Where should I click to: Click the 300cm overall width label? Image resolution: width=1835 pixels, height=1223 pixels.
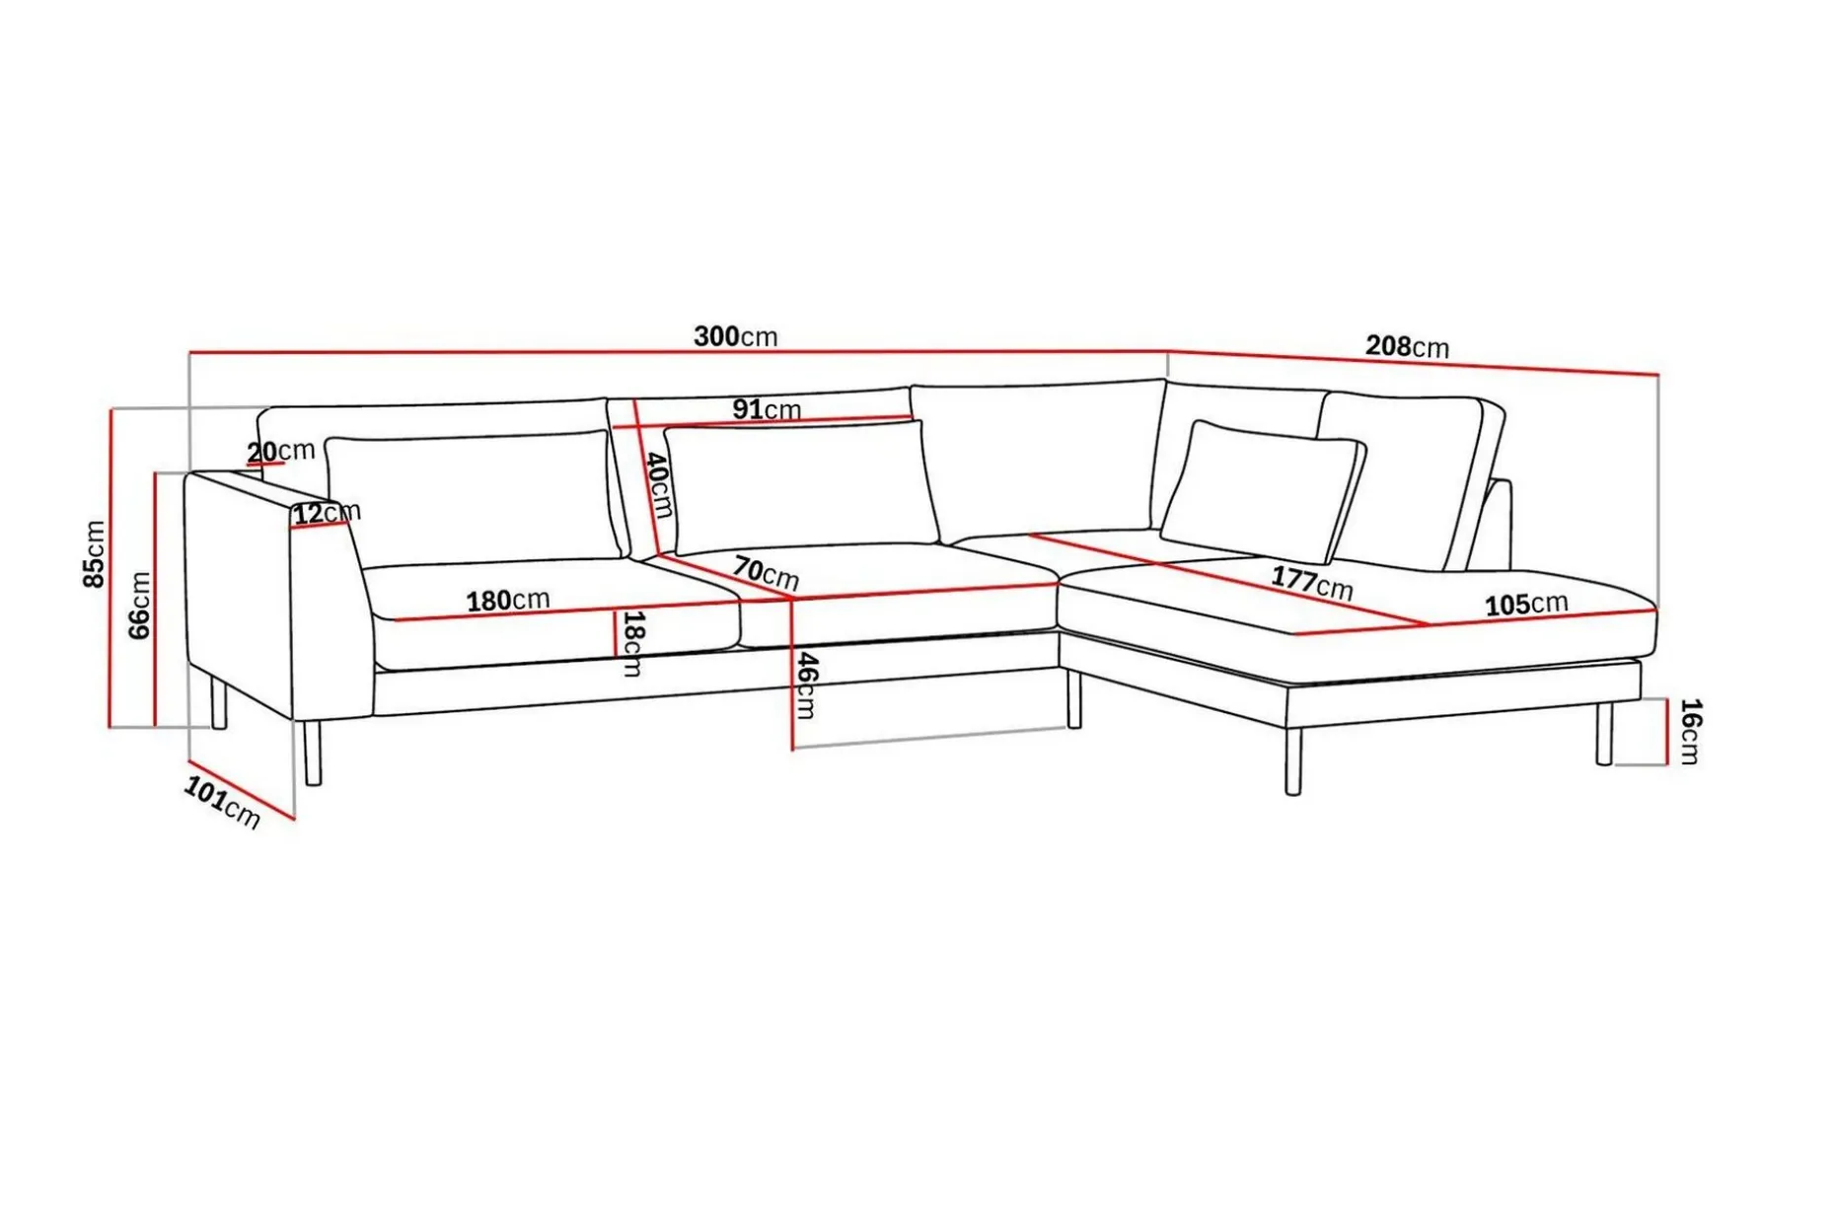735,336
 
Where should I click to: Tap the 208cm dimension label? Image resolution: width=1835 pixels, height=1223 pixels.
1407,346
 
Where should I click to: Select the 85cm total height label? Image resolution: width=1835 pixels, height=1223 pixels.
94,554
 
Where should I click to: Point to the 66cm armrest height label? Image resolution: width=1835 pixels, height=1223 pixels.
140,606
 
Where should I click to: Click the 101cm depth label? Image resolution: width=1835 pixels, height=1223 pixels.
222,802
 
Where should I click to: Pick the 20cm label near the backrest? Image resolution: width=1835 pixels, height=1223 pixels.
281,451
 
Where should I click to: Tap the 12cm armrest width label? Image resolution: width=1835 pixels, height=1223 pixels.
328,513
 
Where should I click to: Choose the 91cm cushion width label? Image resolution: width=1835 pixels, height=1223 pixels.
767,409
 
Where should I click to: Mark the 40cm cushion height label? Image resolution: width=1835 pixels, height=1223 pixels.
658,485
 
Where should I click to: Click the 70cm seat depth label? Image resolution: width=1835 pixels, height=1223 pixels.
766,573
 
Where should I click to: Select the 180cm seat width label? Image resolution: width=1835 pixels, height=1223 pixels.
507,600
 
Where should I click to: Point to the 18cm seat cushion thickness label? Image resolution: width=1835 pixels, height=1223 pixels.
632,643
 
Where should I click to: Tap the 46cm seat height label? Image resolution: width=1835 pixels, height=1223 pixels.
806,684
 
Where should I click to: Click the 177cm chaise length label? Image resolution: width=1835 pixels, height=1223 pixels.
1311,582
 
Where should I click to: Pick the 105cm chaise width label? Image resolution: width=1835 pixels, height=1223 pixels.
1526,603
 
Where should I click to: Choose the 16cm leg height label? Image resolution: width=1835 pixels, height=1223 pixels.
1690,731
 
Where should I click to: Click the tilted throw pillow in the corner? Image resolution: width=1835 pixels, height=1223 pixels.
1263,491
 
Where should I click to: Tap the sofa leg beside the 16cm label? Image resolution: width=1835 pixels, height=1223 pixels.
1604,733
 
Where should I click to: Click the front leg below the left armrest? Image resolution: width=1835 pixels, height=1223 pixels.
313,753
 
